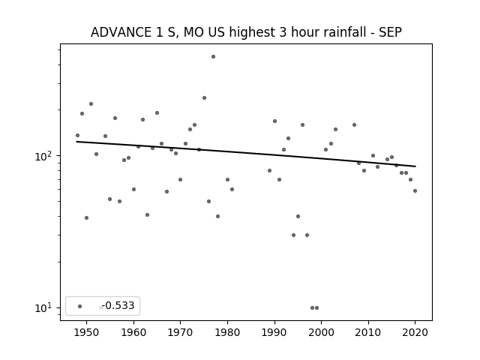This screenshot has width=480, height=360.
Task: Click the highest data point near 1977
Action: coord(213,57)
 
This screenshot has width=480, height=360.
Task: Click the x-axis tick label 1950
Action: coord(87,332)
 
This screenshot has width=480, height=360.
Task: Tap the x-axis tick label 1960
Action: coord(133,332)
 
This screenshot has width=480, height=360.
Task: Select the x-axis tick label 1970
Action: coord(181,332)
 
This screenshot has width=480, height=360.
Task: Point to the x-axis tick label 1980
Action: coord(227,332)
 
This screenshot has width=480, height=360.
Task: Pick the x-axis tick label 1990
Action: coord(274,332)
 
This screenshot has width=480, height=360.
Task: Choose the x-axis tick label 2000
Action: coord(322,332)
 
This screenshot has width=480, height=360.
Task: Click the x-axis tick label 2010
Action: coord(368,332)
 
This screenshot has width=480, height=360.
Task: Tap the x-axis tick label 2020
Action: coord(415,332)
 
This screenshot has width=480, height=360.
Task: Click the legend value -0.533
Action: coord(118,305)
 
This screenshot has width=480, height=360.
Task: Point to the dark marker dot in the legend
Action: coord(80,306)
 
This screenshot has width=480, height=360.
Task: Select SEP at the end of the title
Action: coord(390,32)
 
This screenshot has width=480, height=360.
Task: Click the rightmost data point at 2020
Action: coord(415,190)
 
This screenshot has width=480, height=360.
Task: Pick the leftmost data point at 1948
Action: coord(77,135)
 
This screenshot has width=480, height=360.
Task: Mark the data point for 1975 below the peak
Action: coord(204,98)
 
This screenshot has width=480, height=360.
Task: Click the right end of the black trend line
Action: coord(415,166)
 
